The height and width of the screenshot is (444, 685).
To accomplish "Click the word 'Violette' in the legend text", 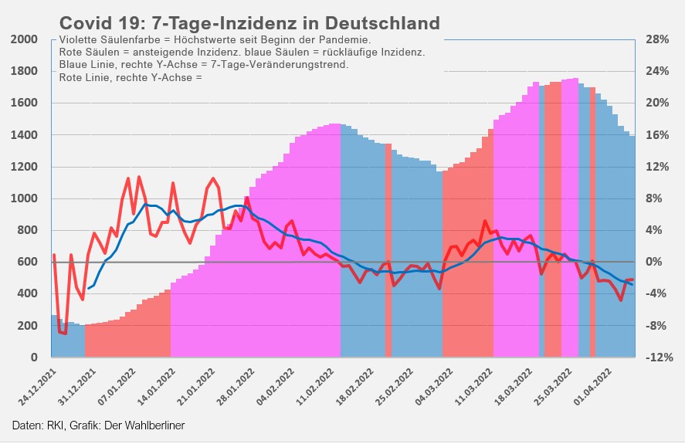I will [x=80, y=39].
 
